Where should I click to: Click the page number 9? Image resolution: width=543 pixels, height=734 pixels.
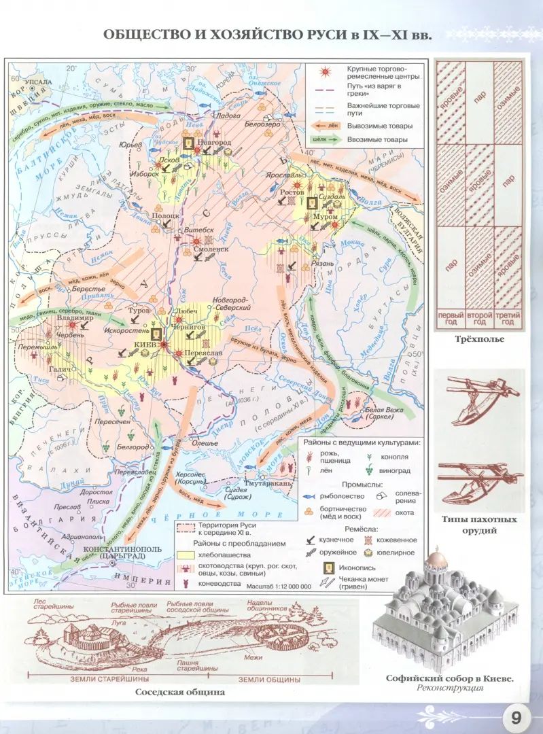tap(516, 717)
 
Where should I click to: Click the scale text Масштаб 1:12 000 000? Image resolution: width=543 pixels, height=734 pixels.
tap(278, 585)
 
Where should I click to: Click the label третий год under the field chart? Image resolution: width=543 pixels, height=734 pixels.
tap(507, 319)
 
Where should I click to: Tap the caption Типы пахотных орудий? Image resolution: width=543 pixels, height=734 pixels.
tap(478, 525)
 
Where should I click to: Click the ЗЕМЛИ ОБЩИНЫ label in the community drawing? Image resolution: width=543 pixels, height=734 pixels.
tap(270, 678)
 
